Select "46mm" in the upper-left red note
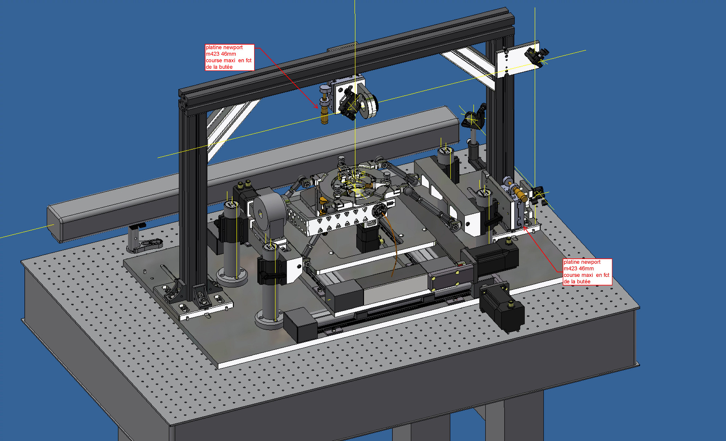[228, 54]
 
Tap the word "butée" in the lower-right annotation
[583, 281]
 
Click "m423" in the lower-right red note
[570, 268]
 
